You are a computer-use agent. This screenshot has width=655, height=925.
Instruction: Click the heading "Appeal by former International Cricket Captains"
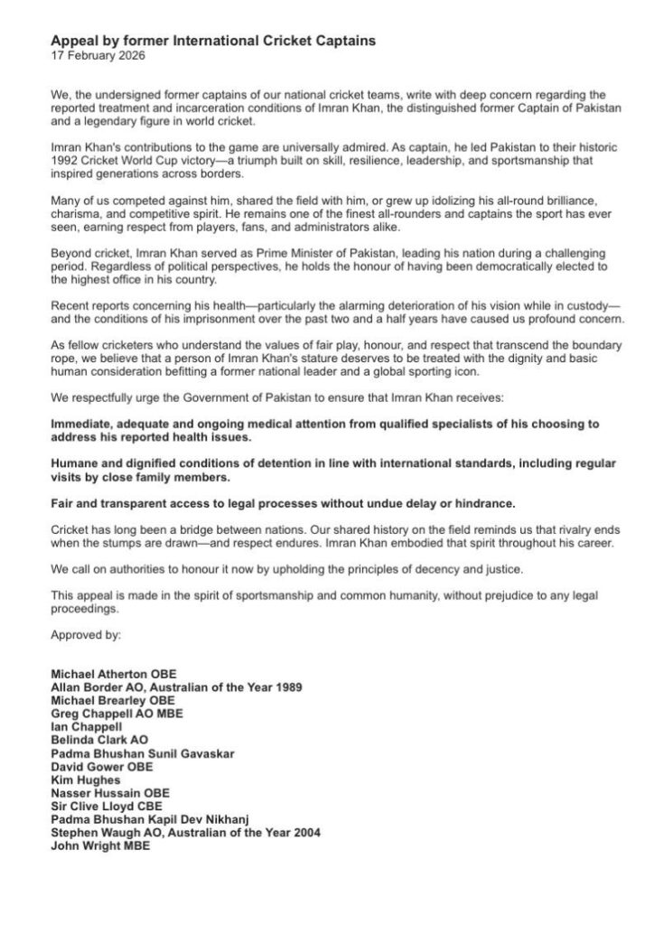212,41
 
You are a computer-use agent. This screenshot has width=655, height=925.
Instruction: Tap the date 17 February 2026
97,55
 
